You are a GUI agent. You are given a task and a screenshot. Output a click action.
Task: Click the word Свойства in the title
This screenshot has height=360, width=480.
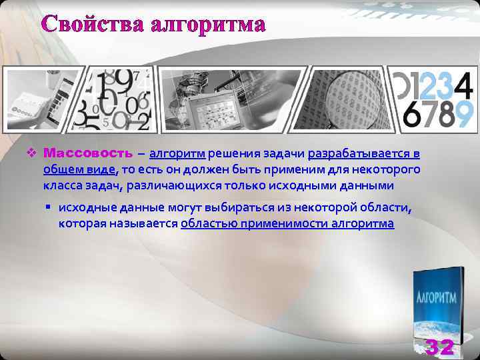tap(93, 24)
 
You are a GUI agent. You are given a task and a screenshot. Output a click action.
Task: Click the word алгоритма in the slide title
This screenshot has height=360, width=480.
tap(208, 25)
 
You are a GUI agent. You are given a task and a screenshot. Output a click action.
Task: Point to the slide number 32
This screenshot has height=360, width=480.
tap(439, 347)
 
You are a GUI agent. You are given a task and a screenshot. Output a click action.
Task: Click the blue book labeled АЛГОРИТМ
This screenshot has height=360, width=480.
tap(437, 303)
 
